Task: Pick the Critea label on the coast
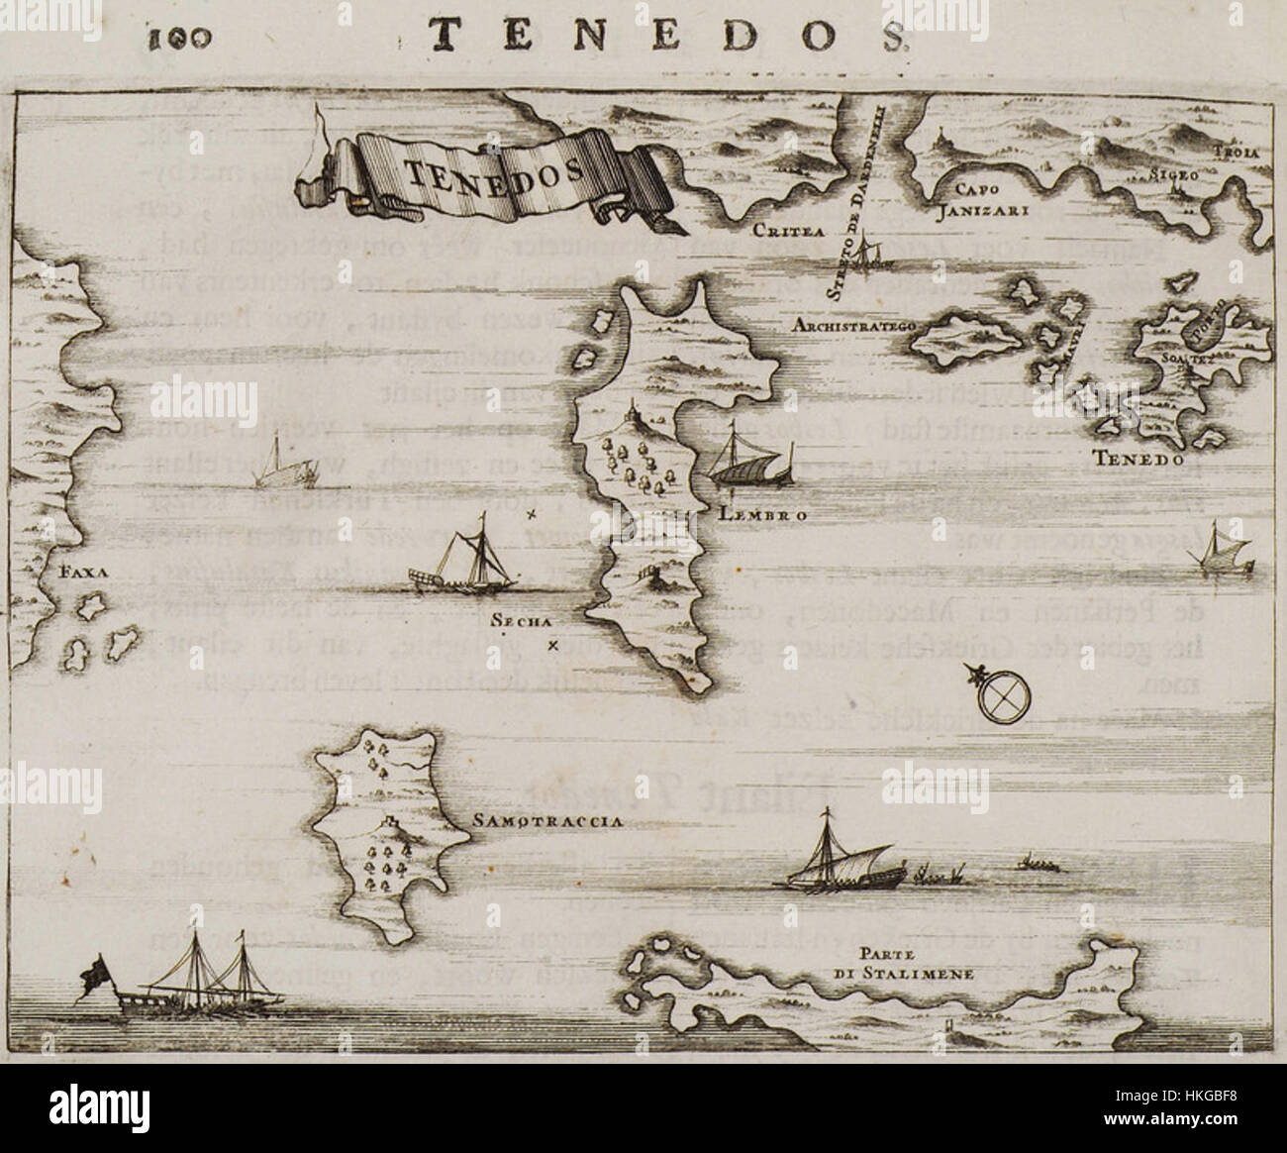(x=775, y=231)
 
